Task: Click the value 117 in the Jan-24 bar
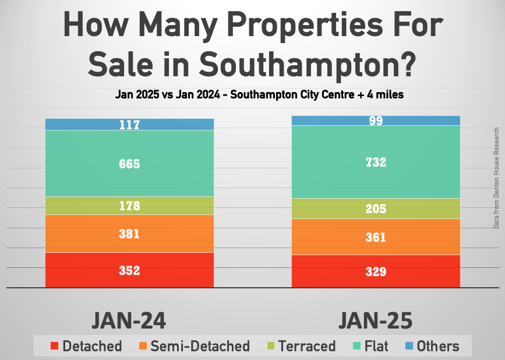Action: pos(129,125)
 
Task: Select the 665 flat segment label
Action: pos(129,164)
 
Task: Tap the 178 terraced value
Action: pos(129,206)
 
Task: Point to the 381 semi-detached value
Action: pos(129,234)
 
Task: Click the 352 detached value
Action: pos(129,270)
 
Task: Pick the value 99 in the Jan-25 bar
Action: pos(376,121)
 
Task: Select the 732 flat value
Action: pos(376,163)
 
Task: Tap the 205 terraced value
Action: pos(376,209)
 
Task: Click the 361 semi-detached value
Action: pos(376,237)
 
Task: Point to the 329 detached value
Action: pos(376,271)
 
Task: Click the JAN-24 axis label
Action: pos(129,320)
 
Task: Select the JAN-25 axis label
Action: pos(376,320)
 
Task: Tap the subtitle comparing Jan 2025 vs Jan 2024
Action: pos(252,95)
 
